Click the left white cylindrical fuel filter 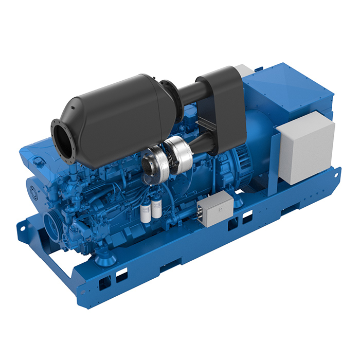click(146, 212)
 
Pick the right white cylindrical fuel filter click(156, 208)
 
